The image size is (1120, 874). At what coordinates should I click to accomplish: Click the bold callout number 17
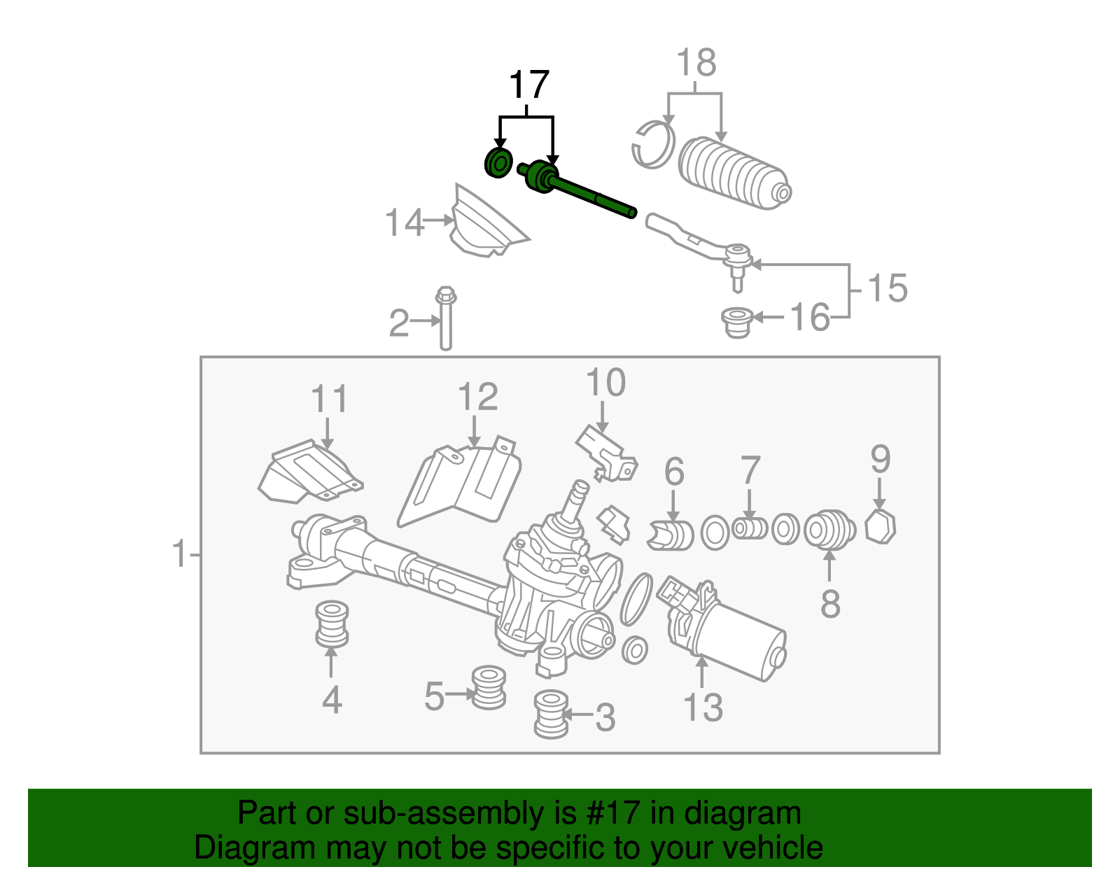coord(528,85)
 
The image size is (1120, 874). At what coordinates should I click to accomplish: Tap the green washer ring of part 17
coord(498,164)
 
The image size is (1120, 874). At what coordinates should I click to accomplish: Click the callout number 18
coord(696,63)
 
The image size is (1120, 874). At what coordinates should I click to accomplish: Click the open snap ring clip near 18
coord(652,145)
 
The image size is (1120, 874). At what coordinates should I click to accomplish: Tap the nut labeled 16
coord(736,322)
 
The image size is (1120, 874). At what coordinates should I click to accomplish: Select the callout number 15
coord(888,288)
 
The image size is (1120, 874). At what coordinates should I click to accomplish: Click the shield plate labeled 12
coord(462,483)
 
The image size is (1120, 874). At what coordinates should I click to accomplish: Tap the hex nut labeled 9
coord(880,526)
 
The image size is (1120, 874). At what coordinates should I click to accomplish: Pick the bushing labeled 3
coord(551,714)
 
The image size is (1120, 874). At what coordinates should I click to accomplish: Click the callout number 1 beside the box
coord(180,554)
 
